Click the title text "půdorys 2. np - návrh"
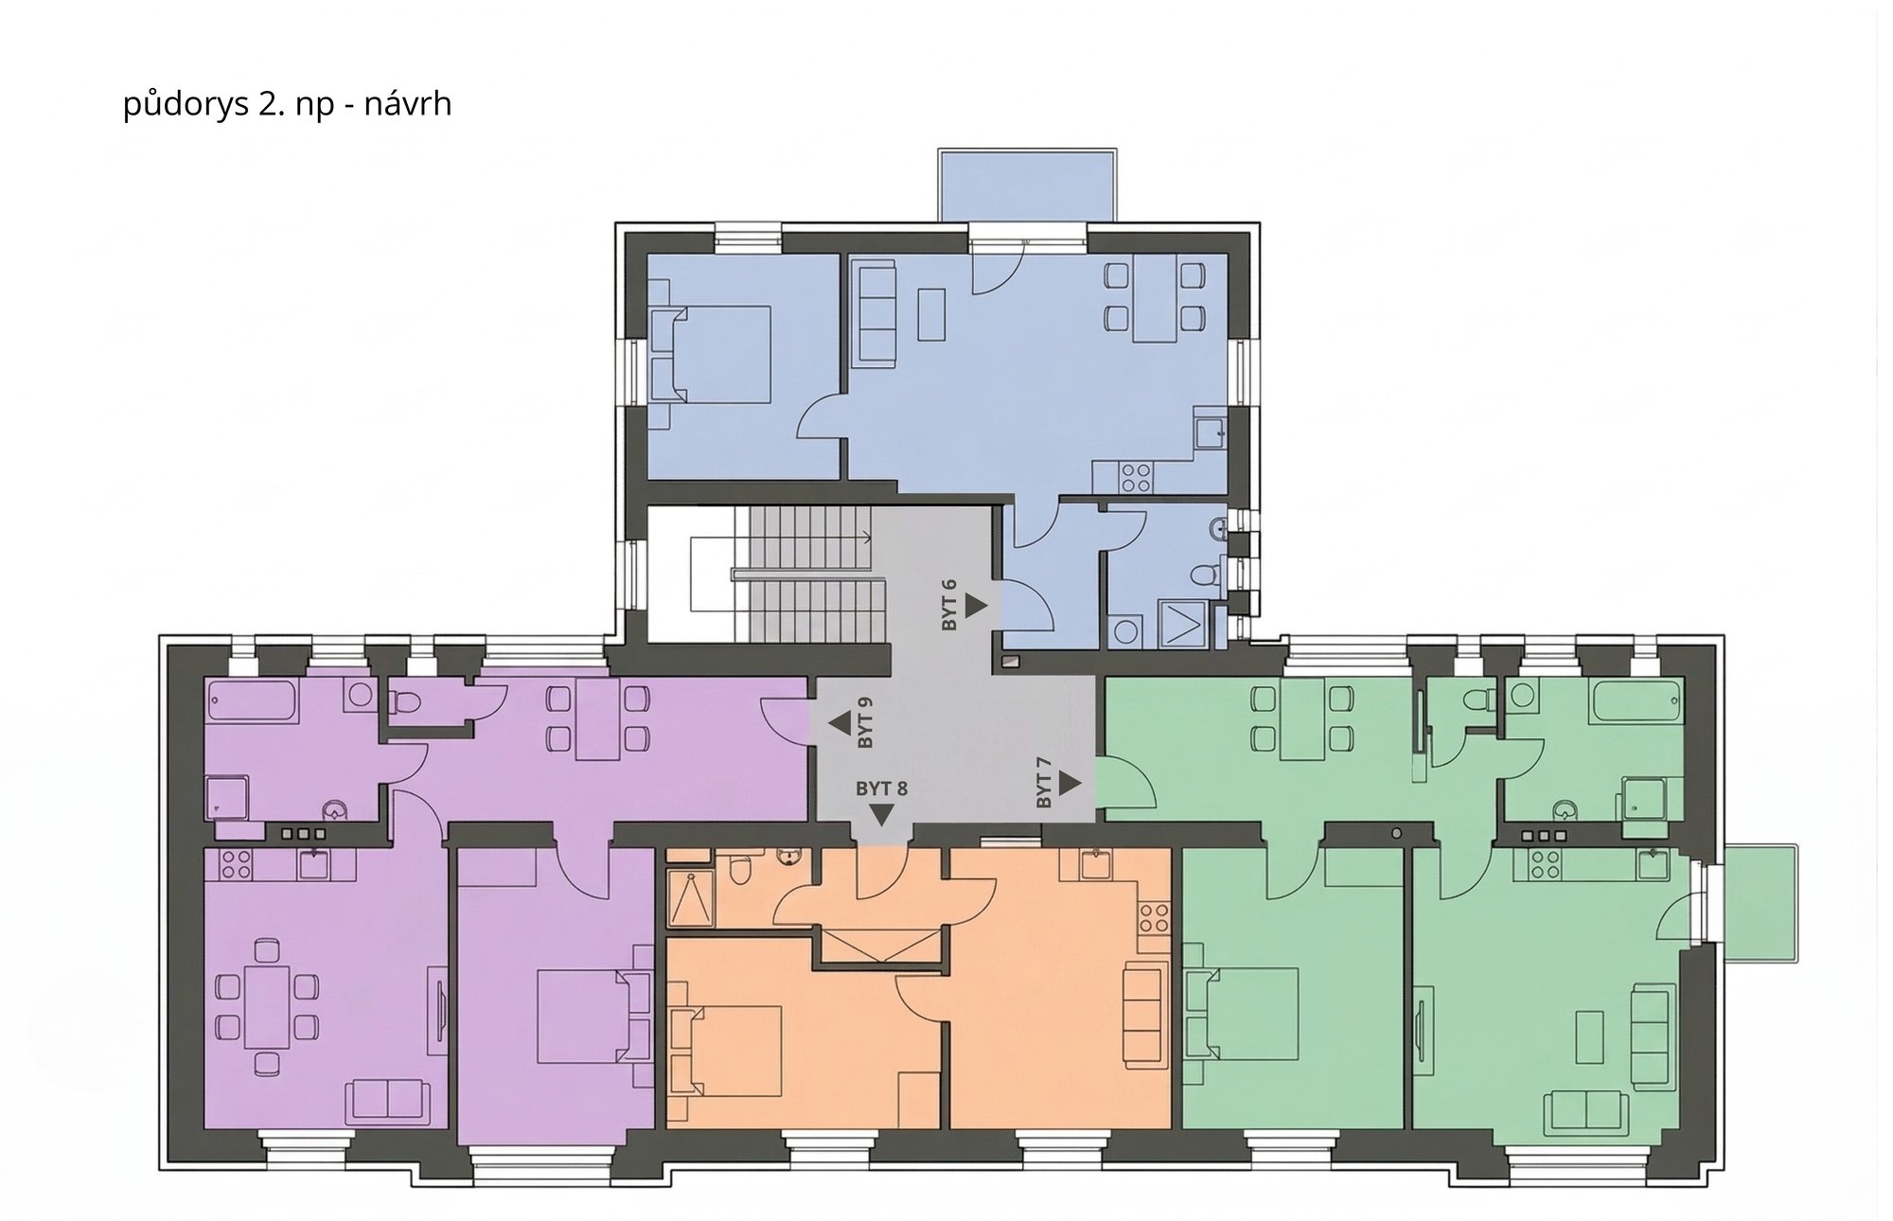click(x=287, y=103)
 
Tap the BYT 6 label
click(x=950, y=605)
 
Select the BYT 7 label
click(x=1044, y=783)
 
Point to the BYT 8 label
click(x=881, y=787)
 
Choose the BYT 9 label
click(x=864, y=723)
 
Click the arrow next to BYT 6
click(x=977, y=605)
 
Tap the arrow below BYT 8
click(x=882, y=815)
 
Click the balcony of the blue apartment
click(x=1027, y=186)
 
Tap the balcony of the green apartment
click(x=1760, y=904)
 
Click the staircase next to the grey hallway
click(x=809, y=574)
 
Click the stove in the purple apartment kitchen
click(x=236, y=863)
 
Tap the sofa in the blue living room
click(x=876, y=315)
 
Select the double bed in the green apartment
click(x=1241, y=1015)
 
